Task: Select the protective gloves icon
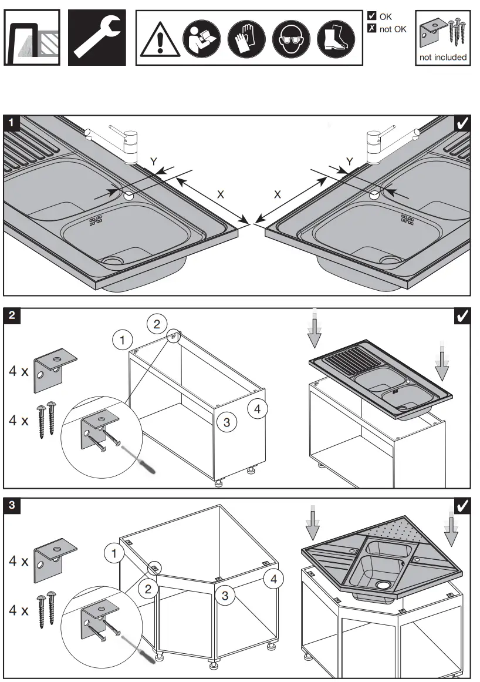click(x=243, y=39)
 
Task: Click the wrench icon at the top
click(x=97, y=37)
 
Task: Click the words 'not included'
click(x=442, y=58)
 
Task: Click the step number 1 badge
click(x=12, y=123)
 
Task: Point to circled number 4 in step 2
click(x=258, y=408)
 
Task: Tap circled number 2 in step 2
click(x=157, y=323)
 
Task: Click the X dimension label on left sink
click(x=220, y=194)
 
